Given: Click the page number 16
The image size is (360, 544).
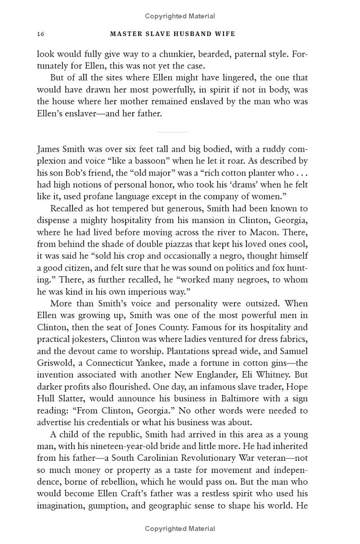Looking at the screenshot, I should pos(40,34).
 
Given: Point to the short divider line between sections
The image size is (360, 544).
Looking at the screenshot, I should pos(172,132).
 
